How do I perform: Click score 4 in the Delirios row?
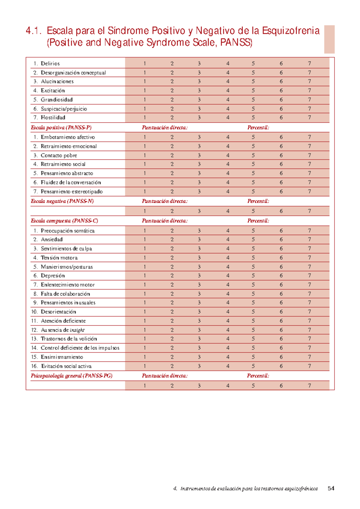[x=228, y=64]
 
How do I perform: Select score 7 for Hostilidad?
[x=309, y=118]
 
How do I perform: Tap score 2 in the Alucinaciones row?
[x=172, y=81]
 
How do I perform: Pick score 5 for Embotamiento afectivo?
[x=253, y=137]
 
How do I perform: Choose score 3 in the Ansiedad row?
[x=199, y=239]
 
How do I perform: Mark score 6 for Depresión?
[x=281, y=275]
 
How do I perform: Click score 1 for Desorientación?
[x=145, y=311]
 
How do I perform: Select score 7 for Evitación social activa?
[x=309, y=366]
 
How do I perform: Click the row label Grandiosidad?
[x=57, y=100]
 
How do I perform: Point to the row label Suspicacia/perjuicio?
[x=64, y=109]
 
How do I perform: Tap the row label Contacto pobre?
[x=59, y=155]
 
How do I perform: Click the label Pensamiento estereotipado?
[x=72, y=191]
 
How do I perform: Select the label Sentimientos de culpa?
[x=66, y=249]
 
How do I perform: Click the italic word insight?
[x=77, y=330]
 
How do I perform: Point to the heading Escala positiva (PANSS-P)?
[x=61, y=128]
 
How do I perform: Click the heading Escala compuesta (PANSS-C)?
[x=64, y=221]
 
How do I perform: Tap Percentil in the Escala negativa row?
[x=258, y=201]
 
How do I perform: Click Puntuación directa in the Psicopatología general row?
[x=165, y=376]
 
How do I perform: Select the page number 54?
[x=331, y=488]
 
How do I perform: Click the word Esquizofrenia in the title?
[x=291, y=31]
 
